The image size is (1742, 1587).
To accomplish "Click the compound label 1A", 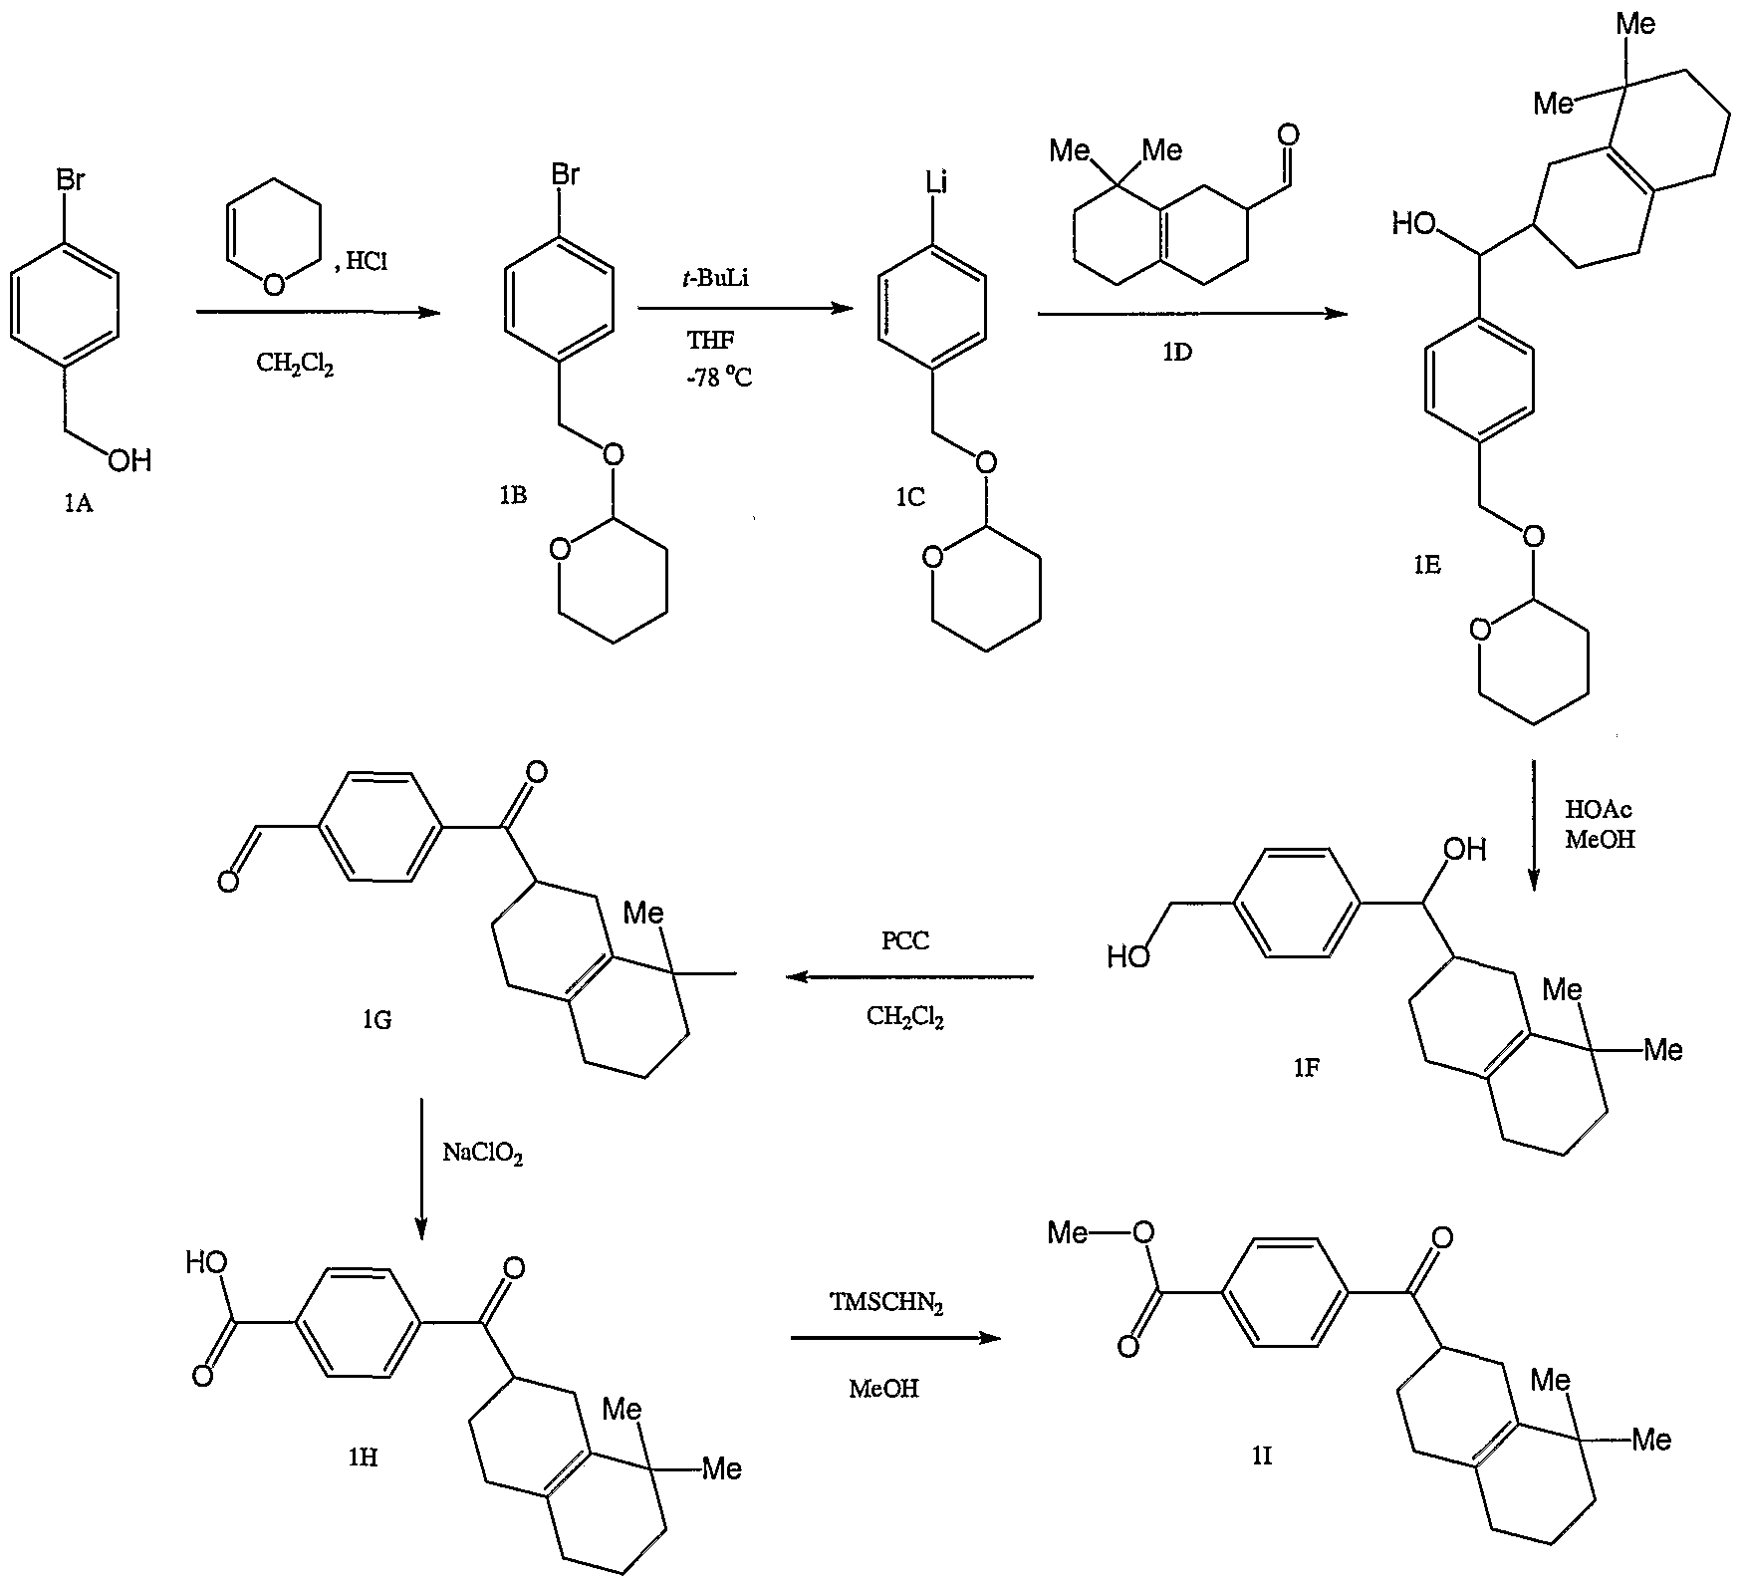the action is pos(78,504).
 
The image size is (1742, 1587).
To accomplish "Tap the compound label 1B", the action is pos(513,495).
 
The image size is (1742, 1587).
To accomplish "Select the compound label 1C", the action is pos(909,496).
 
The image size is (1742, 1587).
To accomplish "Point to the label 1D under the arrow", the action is pos(1177,352).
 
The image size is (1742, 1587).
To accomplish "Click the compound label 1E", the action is pos(1426,566).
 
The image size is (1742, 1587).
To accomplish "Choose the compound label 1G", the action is pos(376,1019).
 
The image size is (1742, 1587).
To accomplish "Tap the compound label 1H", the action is pos(362,1456).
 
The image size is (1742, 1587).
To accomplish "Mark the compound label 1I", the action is pos(1261,1455).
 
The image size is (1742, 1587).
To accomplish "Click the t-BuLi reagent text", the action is pos(715,279).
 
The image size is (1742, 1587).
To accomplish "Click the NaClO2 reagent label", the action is pos(482,1155).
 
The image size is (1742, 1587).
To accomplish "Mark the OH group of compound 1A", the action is pos(130,459).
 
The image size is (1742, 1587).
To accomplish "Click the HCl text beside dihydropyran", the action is pos(366,262).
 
